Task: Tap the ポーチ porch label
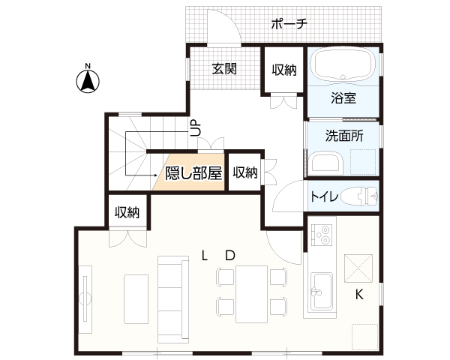[x=289, y=24]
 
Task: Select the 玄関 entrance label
[x=224, y=68]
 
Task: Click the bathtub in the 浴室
[x=343, y=64]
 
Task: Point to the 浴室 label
[x=343, y=98]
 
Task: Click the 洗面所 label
[x=344, y=136]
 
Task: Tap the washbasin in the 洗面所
[x=327, y=163]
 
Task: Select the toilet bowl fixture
[x=360, y=196]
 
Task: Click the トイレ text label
[x=324, y=197]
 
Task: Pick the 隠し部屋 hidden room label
[x=193, y=172]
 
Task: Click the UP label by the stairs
[x=196, y=128]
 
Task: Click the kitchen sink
[x=322, y=291]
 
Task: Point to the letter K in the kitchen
[x=359, y=294]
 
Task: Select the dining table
[x=252, y=294]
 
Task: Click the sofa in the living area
[x=173, y=299]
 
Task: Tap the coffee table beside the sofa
[x=136, y=299]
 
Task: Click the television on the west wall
[x=85, y=299]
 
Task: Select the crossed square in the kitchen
[x=358, y=268]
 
